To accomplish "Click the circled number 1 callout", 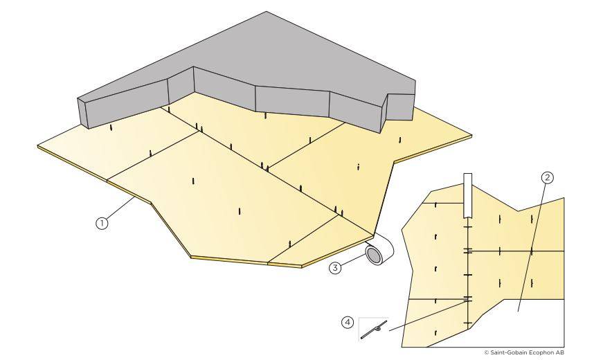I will (x=102, y=223).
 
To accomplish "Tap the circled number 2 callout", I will (x=546, y=177).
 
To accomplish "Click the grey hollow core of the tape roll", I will (x=374, y=256).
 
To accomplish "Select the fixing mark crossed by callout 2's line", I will (x=531, y=251).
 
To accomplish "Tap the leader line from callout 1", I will (x=121, y=209).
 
